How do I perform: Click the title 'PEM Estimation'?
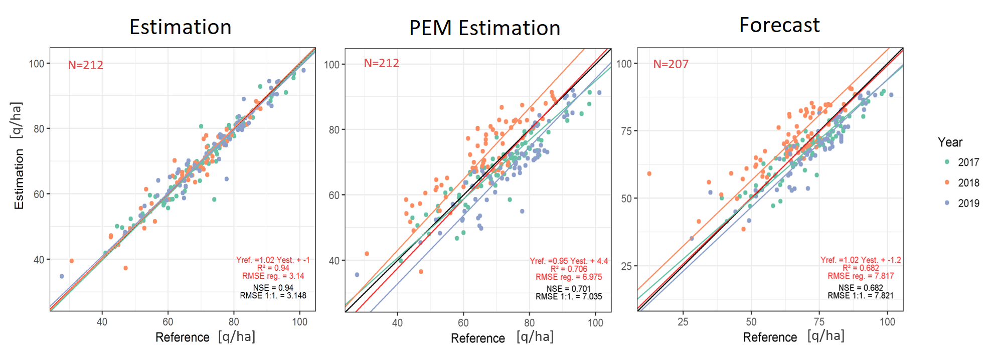coord(484,28)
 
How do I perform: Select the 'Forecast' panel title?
coord(779,25)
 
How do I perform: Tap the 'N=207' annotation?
coord(671,64)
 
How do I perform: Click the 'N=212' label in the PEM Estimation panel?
coord(381,63)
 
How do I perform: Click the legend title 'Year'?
coord(950,142)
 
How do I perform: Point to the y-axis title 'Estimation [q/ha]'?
coord(18,155)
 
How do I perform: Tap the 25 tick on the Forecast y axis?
coord(626,266)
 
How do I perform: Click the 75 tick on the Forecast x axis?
coord(819,322)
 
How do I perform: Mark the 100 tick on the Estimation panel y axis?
coord(37,64)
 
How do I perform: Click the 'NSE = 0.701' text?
coord(568,289)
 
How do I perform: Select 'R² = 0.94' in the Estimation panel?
coord(273,268)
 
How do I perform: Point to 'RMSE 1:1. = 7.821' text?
coord(860,296)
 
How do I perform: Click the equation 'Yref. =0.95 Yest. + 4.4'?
coord(569,261)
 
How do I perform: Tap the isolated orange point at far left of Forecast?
coord(649,174)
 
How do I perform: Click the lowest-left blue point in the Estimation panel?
coord(62,276)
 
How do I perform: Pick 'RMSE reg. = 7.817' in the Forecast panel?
coord(860,276)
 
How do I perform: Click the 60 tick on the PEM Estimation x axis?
coord(463,323)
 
